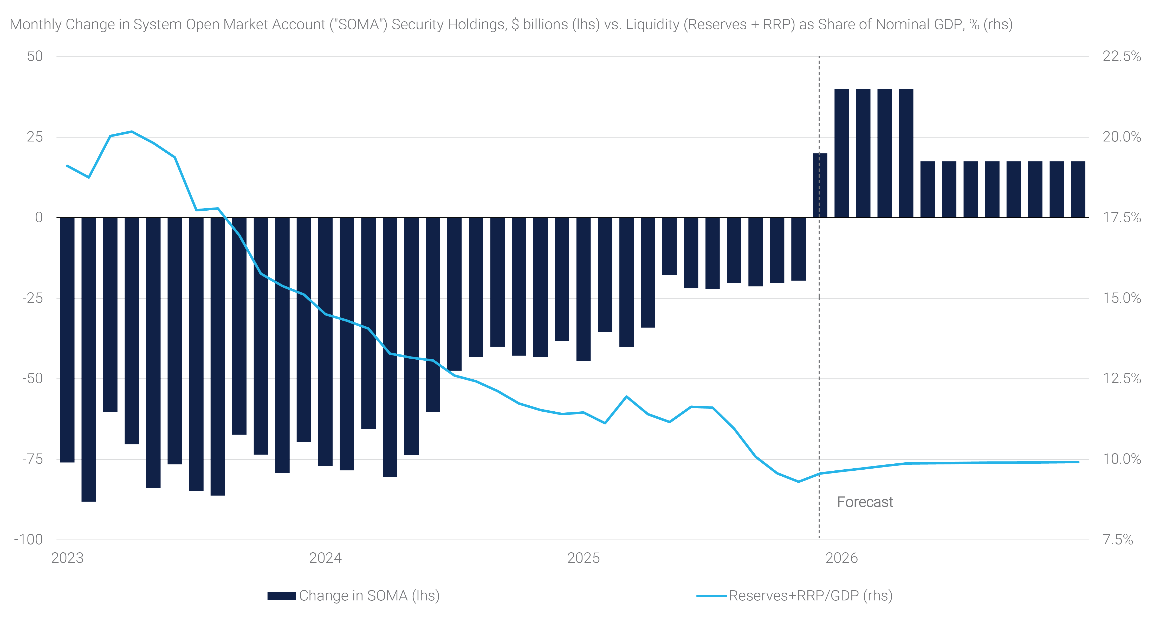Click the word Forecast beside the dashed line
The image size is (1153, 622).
865,502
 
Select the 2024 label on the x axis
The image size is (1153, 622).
325,558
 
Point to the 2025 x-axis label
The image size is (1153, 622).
583,558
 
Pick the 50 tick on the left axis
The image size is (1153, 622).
35,56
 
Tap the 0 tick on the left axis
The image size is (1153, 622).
39,217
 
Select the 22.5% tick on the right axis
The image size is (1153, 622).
1121,56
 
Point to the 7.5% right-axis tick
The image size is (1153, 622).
1118,540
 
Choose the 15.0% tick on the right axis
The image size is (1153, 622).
1121,298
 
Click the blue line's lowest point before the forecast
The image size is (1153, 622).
799,482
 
